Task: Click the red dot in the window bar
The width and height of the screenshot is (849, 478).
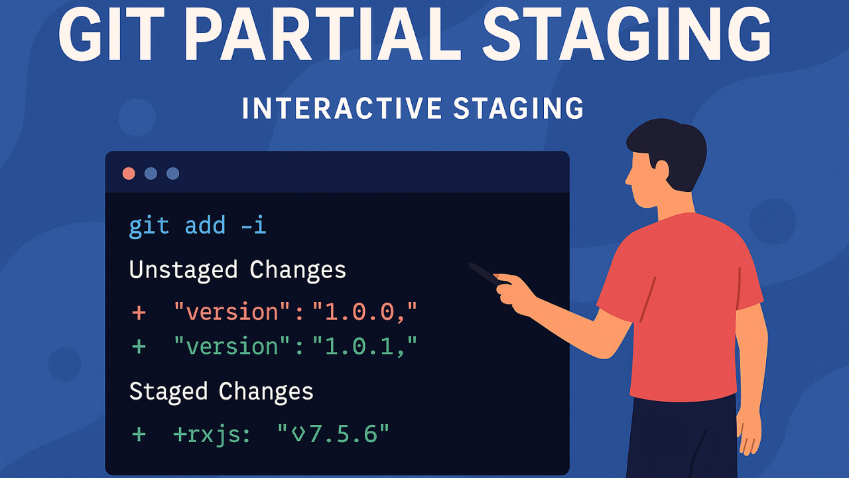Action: point(129,173)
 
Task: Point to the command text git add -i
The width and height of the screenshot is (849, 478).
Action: point(198,226)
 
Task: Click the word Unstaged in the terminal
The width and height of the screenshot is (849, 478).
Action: point(184,270)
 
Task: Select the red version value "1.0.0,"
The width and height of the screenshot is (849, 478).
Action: point(365,312)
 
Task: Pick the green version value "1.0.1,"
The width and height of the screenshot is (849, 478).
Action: point(365,346)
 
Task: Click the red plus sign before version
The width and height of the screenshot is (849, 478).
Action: point(139,313)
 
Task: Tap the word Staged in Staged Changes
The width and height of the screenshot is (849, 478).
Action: point(168,392)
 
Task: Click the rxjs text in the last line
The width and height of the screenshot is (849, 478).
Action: point(212,435)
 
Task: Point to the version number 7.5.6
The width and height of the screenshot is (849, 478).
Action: point(344,434)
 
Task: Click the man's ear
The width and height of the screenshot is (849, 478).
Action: point(661,170)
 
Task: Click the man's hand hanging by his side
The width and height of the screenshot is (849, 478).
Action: point(749,432)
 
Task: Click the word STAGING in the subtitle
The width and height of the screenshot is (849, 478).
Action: point(519,108)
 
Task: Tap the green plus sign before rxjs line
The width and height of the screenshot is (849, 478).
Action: point(139,434)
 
